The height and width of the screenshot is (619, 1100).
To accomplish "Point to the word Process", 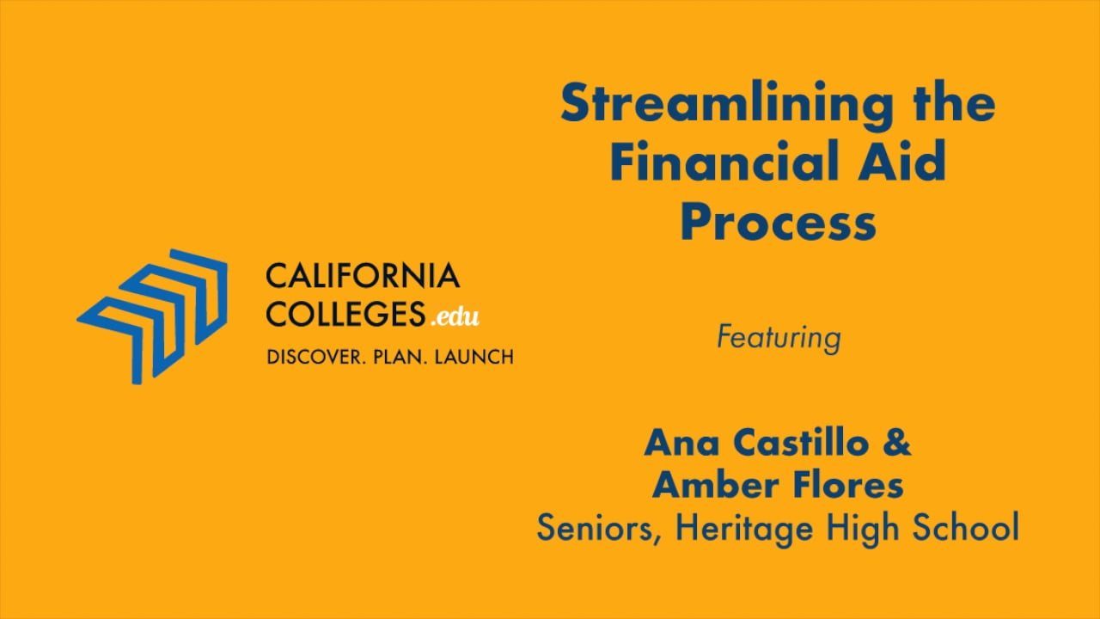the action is (779, 223).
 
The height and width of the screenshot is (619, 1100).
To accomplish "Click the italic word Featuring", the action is (779, 338).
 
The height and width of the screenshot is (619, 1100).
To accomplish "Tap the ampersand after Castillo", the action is (896, 442).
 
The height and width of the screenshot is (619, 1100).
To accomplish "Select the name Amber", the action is (716, 484).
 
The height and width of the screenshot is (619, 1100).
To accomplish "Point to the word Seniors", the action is (599, 528).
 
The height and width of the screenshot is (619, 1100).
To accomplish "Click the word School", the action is (965, 527).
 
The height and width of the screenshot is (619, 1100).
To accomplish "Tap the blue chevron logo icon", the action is (152, 316).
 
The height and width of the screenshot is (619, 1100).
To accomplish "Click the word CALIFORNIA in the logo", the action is (363, 276).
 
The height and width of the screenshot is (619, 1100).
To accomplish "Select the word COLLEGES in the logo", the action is (345, 314).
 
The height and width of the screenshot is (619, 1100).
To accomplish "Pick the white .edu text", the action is (455, 317).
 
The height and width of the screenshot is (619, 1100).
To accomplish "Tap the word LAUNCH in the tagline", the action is (474, 357).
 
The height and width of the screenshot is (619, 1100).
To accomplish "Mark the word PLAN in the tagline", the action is (398, 357).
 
